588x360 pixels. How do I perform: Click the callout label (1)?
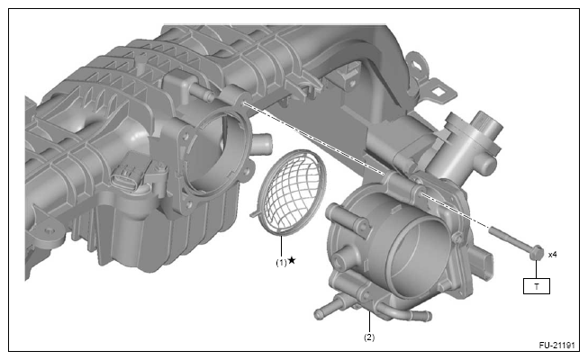pyautogui.click(x=281, y=263)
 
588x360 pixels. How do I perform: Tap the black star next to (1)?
pyautogui.click(x=292, y=260)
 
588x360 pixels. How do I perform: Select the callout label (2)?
pyautogui.click(x=369, y=337)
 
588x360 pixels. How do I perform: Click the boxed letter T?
pyautogui.click(x=537, y=286)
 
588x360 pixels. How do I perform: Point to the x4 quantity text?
pyautogui.click(x=552, y=255)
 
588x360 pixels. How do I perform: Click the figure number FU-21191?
pyautogui.click(x=556, y=345)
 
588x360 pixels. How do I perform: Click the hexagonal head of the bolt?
pyautogui.click(x=536, y=253)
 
